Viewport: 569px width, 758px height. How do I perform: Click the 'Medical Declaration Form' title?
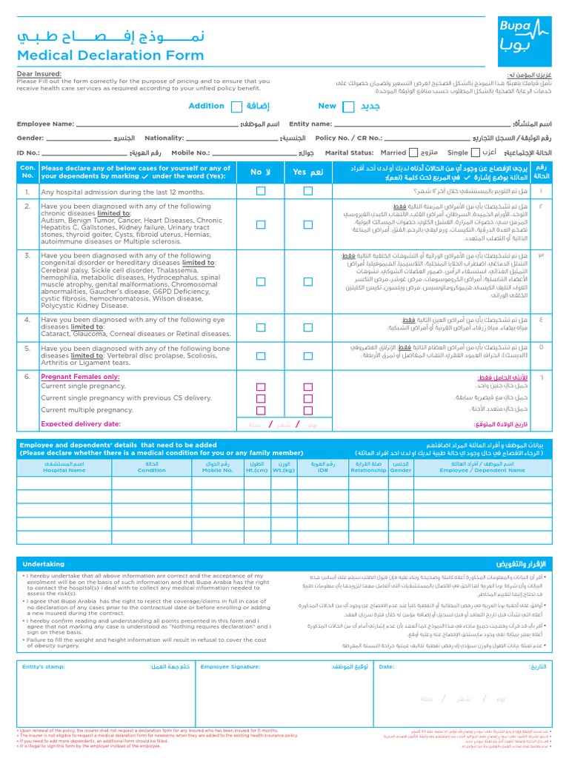[110, 56]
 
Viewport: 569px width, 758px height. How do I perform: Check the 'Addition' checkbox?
[236, 107]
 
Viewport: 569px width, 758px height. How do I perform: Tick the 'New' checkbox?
[348, 107]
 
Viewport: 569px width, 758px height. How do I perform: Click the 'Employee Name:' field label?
[45, 124]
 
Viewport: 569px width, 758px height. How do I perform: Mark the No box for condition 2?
[261, 224]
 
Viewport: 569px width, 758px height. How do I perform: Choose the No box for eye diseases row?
[261, 326]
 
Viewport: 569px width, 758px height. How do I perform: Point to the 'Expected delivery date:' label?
[80, 424]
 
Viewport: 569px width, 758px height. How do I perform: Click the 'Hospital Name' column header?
[64, 469]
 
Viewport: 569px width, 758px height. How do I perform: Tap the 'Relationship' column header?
[368, 469]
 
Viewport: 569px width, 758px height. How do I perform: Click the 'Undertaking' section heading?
[43, 564]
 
